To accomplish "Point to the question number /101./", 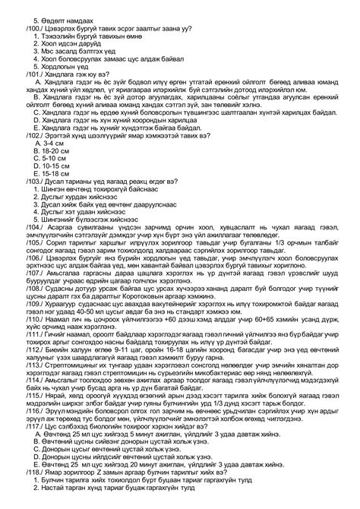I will [x=36, y=77].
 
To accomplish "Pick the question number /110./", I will [x=36, y=357].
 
